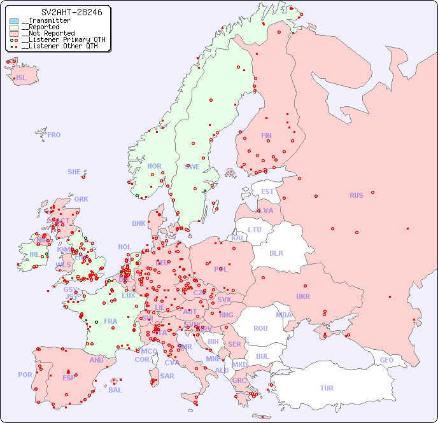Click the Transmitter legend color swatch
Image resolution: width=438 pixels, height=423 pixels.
click(14, 21)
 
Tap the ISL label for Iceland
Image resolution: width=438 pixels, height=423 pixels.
click(22, 78)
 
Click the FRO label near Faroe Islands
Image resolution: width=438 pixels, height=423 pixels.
click(54, 135)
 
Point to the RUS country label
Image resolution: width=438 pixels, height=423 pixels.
click(356, 195)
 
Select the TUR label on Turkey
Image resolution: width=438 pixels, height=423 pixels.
click(327, 388)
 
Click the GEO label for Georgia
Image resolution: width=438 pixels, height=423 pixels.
click(386, 360)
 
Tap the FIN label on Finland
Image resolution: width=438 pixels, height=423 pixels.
click(266, 135)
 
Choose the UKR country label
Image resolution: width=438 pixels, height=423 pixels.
click(303, 296)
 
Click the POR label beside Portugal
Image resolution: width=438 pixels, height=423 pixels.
click(25, 375)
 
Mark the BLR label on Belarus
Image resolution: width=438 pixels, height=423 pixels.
click(276, 253)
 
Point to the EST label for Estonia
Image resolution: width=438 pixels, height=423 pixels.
click(267, 191)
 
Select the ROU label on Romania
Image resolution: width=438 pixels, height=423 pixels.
click(260, 328)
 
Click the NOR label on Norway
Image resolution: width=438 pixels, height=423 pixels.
click(154, 166)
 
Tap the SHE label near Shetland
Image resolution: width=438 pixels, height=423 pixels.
click(74, 172)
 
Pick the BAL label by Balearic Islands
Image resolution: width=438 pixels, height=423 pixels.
click(115, 390)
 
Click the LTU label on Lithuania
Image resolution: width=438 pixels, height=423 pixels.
click(255, 230)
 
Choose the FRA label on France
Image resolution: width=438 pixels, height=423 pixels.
click(111, 321)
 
